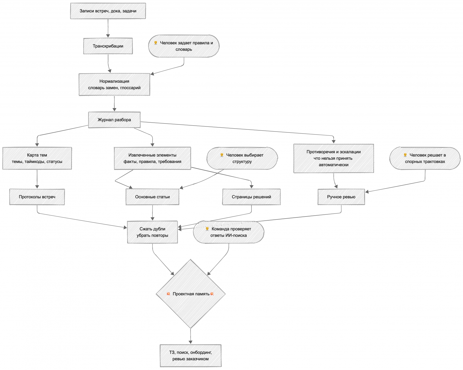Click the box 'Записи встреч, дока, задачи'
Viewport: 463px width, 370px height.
108,11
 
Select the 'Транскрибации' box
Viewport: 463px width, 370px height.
108,46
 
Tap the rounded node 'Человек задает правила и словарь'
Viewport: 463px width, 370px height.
184,46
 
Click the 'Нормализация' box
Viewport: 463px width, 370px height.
114,84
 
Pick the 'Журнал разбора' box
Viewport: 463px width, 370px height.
114,120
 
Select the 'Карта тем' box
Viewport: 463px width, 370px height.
37,158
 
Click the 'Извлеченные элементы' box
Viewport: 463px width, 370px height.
152,158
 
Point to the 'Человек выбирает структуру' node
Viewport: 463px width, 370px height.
242,158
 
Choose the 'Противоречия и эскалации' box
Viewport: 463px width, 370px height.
334,158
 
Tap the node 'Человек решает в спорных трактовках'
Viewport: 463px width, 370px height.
425,158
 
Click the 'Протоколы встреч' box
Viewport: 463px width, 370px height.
37,197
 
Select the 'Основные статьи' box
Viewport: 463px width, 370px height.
152,197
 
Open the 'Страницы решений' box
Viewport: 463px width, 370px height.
251,197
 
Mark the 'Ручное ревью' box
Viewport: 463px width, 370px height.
341,197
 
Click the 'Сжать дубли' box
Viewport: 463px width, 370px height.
152,232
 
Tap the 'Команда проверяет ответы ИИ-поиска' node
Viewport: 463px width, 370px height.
229,232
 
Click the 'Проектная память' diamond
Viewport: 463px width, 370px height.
191,294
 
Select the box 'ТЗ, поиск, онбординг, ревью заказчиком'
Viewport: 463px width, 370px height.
191,355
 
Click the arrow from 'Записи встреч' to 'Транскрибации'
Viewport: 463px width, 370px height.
108,28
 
